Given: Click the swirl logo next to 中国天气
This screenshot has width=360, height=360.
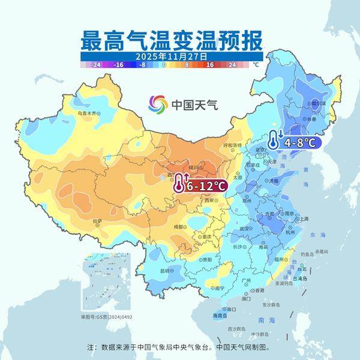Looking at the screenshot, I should (x=159, y=104).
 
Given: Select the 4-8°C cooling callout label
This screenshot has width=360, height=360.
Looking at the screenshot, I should (x=300, y=142).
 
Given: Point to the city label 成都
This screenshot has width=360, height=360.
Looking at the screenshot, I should (x=179, y=227).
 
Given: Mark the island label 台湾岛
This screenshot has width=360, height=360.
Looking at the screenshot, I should (x=300, y=279).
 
